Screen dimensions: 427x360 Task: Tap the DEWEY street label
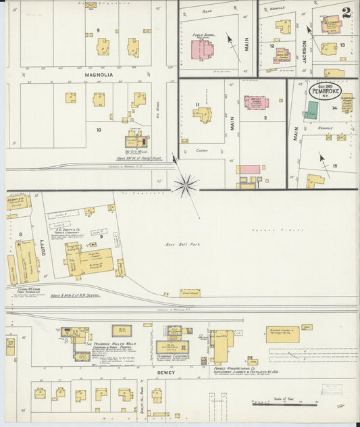pos(167,372)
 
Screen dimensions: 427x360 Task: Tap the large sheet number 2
pos(346,13)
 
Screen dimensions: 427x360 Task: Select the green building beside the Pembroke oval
pos(311,111)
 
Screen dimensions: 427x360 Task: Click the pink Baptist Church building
pos(255,103)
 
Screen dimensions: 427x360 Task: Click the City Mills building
pos(136,141)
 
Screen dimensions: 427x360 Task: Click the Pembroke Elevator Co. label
pos(173,357)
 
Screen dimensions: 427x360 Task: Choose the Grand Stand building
pos(190,293)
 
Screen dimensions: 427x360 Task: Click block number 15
pos(334,165)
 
